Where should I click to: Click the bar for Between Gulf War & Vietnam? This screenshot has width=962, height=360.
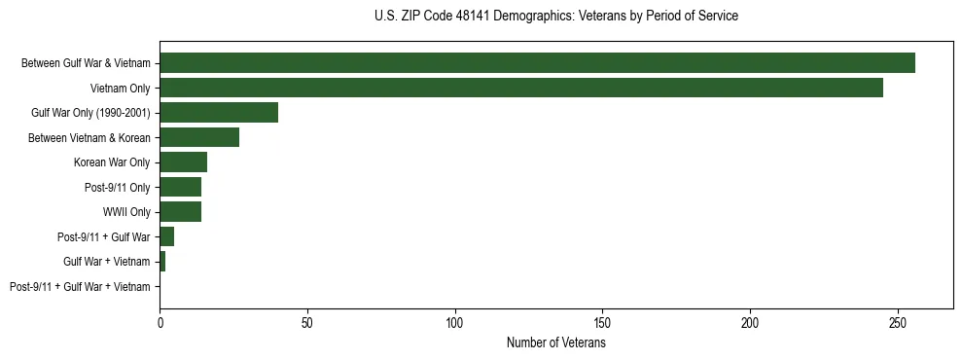[537, 63]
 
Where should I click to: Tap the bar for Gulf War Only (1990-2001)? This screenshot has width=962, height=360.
[219, 113]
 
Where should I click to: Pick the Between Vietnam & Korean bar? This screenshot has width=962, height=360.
[199, 137]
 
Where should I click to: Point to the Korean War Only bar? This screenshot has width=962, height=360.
[183, 162]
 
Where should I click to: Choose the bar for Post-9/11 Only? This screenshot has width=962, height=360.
[180, 187]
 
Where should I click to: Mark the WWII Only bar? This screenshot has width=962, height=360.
[180, 212]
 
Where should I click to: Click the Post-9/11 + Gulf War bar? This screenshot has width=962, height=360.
[166, 236]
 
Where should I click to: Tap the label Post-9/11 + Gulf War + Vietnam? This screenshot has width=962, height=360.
[80, 287]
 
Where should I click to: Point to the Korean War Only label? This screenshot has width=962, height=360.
[112, 162]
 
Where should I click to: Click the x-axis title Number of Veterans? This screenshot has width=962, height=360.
[555, 342]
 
